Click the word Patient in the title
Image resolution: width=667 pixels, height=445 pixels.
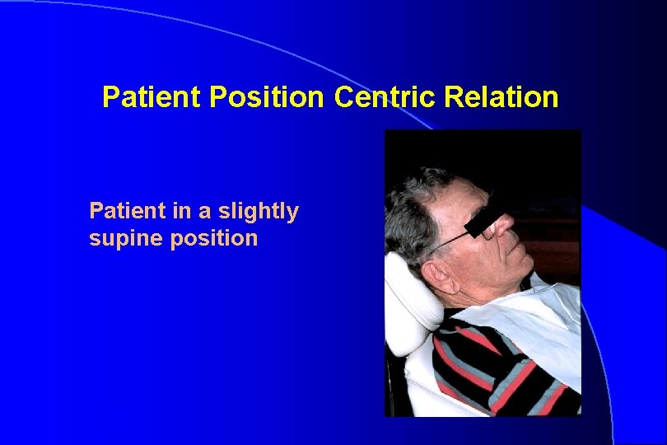152,98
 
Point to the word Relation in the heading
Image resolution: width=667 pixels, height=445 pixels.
501,98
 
